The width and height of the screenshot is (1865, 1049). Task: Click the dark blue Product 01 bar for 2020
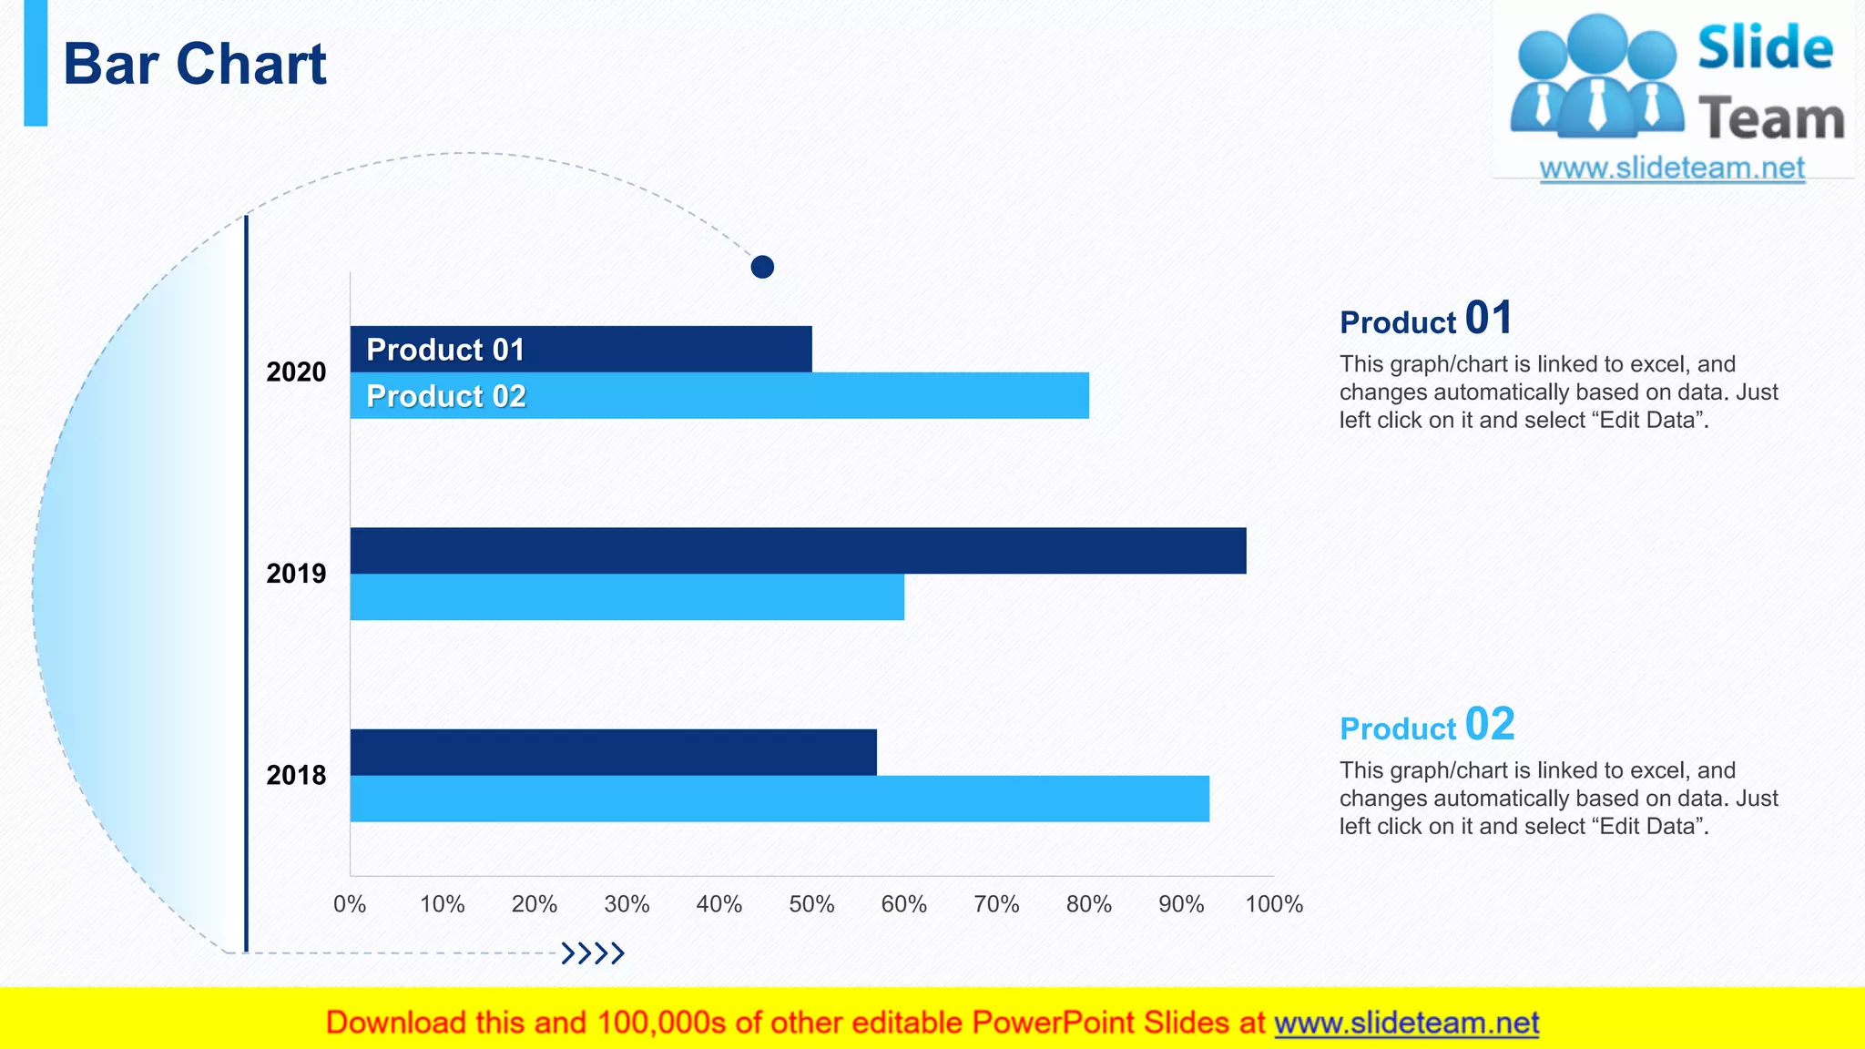point(637,350)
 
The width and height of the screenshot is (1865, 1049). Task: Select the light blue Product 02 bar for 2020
point(774,396)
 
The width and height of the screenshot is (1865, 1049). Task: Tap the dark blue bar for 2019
point(798,551)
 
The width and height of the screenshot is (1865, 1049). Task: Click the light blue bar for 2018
point(780,799)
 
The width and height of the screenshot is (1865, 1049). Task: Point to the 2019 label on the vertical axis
point(296,574)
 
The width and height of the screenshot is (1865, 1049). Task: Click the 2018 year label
point(296,775)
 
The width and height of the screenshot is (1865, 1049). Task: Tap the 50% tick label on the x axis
point(811,904)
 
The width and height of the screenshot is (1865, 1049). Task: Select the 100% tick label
point(1274,904)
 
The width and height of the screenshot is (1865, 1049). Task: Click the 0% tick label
point(350,904)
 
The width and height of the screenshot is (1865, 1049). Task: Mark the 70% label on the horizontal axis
point(996,904)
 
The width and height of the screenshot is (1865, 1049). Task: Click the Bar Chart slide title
point(194,65)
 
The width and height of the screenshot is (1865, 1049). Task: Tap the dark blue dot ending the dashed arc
point(762,267)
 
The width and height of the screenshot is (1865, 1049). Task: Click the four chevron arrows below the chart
point(593,953)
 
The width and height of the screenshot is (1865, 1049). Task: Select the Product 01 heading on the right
point(1425,320)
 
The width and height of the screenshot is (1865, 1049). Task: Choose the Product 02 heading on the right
point(1426,726)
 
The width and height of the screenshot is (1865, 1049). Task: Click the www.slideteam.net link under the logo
point(1672,168)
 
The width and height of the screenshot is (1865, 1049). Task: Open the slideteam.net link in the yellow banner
point(1406,1024)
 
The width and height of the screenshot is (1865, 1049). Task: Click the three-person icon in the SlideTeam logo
point(1595,77)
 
